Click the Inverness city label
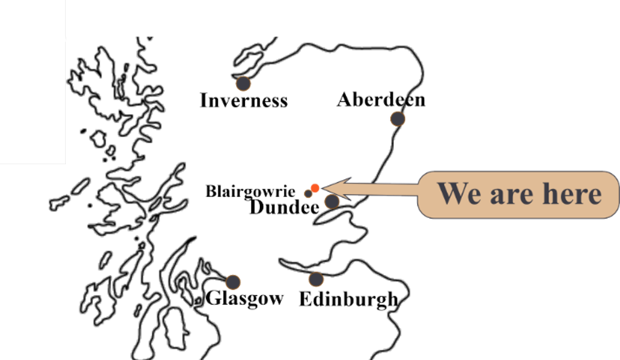pyautogui.click(x=244, y=100)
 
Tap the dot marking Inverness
pyautogui.click(x=243, y=84)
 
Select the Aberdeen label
pyautogui.click(x=381, y=99)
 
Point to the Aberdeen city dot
pyautogui.click(x=398, y=118)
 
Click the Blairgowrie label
pyautogui.click(x=250, y=191)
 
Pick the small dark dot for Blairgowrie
pyautogui.click(x=308, y=194)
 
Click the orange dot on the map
pyautogui.click(x=315, y=188)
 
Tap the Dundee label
pyautogui.click(x=285, y=207)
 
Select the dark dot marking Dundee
pyautogui.click(x=332, y=201)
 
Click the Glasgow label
pyautogui.click(x=244, y=299)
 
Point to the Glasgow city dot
pyautogui.click(x=233, y=282)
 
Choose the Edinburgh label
pyautogui.click(x=348, y=299)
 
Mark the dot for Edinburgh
pyautogui.click(x=316, y=279)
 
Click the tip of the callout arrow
pyautogui.click(x=322, y=188)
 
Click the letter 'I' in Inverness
pyautogui.click(x=204, y=100)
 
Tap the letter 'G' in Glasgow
pyautogui.click(x=213, y=297)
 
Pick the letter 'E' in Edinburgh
pyautogui.click(x=306, y=299)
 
